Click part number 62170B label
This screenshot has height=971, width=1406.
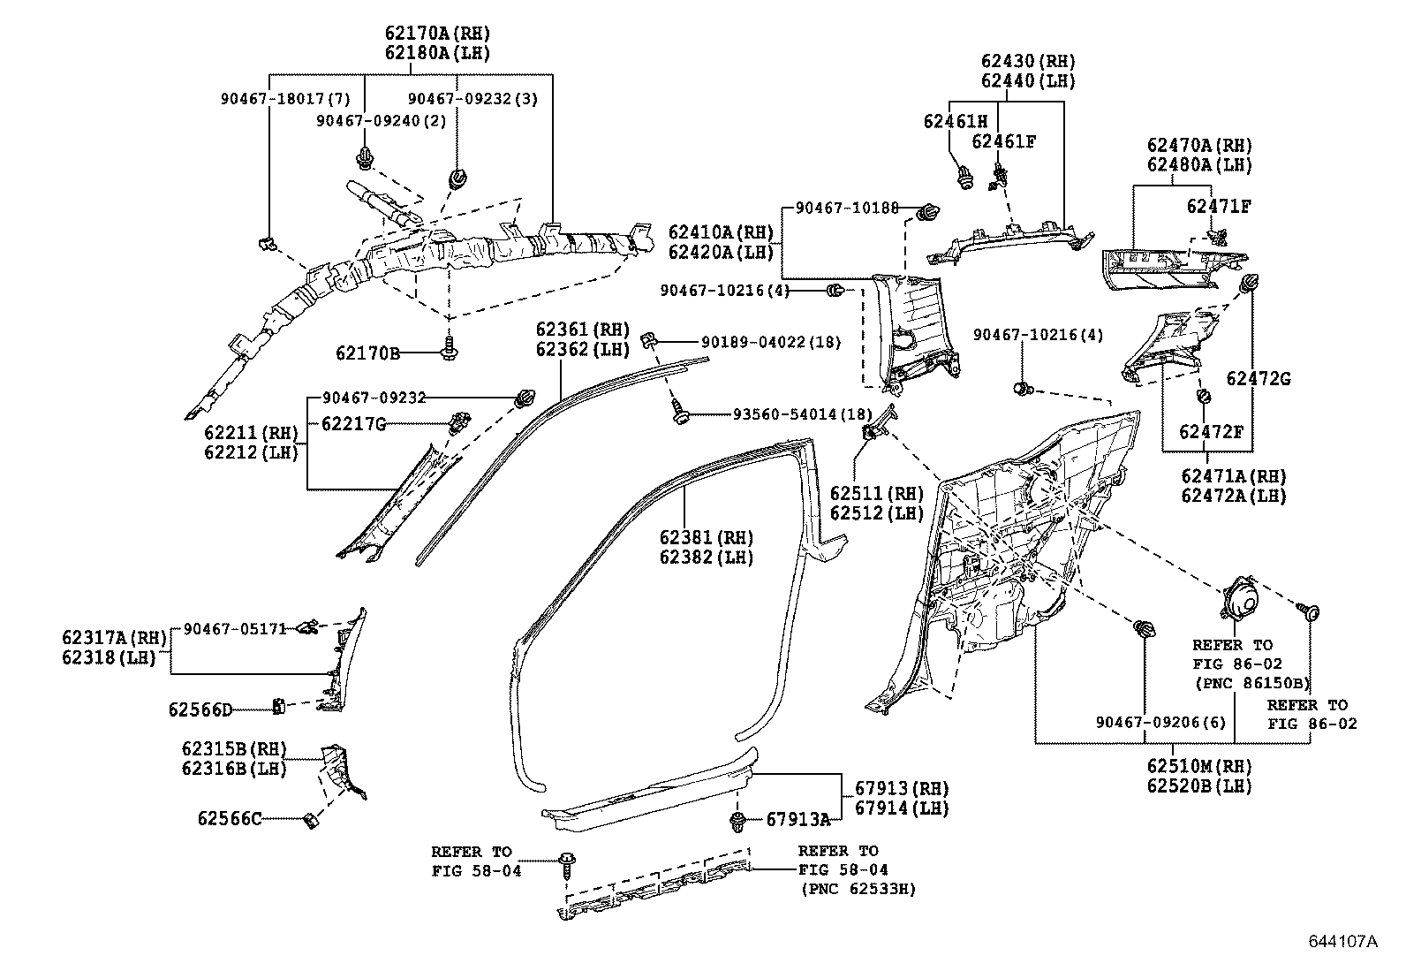(x=367, y=353)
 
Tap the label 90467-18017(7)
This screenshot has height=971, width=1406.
(x=285, y=100)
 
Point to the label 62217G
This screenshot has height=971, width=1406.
(x=353, y=424)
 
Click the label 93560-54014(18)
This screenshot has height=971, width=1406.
(x=801, y=414)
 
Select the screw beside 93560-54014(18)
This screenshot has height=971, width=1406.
(x=678, y=412)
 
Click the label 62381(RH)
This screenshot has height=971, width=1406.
(x=706, y=537)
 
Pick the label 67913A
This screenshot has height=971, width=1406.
(x=797, y=820)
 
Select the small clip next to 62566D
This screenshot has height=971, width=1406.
(x=276, y=706)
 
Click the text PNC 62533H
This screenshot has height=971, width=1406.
(x=858, y=889)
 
